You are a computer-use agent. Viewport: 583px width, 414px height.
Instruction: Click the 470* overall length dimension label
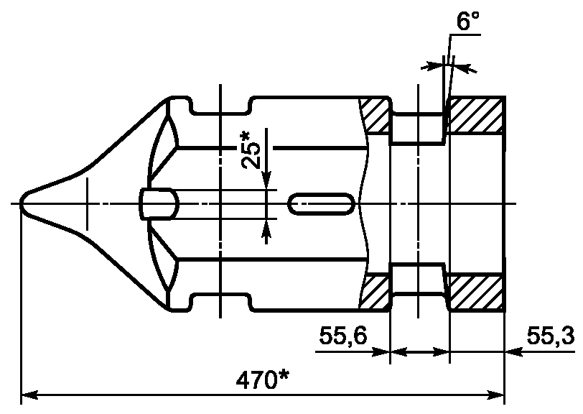coord(263,380)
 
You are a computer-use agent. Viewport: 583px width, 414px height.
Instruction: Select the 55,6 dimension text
coord(343,337)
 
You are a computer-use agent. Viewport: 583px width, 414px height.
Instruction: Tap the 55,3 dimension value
coord(551,337)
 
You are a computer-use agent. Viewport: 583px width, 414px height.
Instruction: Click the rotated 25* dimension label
coord(251,150)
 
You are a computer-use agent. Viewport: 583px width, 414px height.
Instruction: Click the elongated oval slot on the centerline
coord(321,203)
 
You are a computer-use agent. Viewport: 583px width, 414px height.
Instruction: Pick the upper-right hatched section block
coord(476,115)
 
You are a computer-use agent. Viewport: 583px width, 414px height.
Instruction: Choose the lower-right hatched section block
coord(476,293)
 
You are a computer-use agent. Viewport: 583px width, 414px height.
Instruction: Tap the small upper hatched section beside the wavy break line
coord(376,116)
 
